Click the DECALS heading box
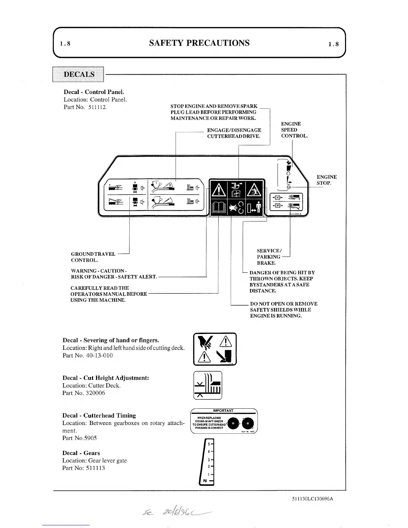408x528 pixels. tap(79, 74)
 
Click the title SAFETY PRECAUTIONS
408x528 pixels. tap(199, 43)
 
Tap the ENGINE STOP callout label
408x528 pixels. tap(326, 180)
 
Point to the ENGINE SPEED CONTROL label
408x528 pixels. tap(294, 130)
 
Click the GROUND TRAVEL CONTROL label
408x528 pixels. tap(93, 257)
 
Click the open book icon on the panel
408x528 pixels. tap(218, 209)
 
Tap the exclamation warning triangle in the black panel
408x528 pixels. tap(218, 190)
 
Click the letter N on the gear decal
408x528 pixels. tap(205, 480)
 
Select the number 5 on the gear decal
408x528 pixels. tap(209, 444)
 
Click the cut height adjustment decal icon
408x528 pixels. tap(208, 385)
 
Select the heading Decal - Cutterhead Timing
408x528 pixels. tap(99, 415)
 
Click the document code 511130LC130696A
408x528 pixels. tap(312, 499)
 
